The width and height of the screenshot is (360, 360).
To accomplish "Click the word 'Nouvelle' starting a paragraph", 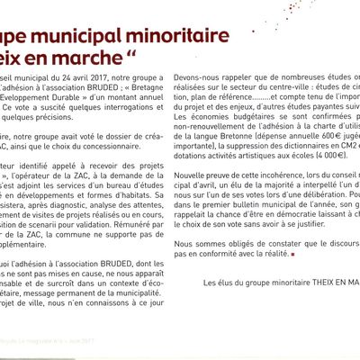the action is [x=204, y=199].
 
